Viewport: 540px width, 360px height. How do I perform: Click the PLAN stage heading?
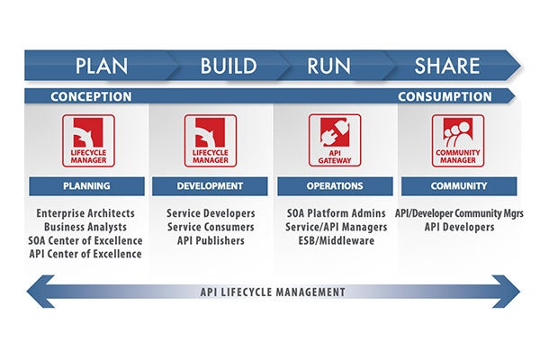click(102, 66)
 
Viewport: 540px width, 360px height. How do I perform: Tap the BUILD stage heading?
click(229, 66)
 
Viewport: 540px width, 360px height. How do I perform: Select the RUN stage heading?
click(328, 66)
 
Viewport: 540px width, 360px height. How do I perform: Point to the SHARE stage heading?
click(447, 66)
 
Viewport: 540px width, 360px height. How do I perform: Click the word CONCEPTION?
click(91, 96)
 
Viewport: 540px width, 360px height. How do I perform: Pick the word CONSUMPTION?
click(445, 96)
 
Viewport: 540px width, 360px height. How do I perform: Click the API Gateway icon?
click(335, 140)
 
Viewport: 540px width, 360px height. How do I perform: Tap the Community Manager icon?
click(458, 141)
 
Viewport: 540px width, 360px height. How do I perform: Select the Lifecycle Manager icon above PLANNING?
click(88, 141)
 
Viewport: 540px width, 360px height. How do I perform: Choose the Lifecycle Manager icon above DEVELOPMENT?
click(211, 141)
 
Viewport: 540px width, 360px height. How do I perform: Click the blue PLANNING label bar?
click(86, 186)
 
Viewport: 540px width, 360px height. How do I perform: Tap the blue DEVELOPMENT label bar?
click(210, 186)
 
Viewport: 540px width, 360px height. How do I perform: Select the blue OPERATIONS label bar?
click(335, 186)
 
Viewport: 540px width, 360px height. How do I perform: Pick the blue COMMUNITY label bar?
click(459, 186)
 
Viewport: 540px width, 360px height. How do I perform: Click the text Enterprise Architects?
click(85, 213)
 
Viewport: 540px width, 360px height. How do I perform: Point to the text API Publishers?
click(211, 240)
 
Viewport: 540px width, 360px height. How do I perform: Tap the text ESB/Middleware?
click(337, 240)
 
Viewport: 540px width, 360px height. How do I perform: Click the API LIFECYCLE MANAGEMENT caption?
click(273, 292)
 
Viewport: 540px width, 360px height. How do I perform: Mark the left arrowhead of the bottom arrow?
click(40, 292)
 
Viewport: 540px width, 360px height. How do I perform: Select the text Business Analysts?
click(85, 227)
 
